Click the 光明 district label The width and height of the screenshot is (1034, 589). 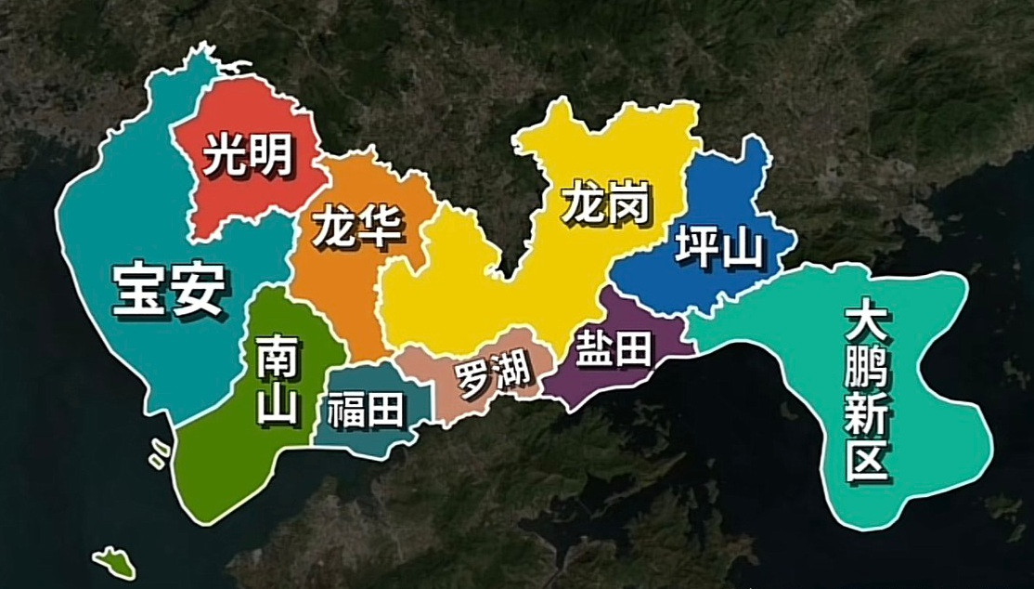[x=246, y=155]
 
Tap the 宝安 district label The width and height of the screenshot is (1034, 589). [x=169, y=289]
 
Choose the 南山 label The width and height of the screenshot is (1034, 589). [x=278, y=380]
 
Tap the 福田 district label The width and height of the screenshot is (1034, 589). [x=367, y=409]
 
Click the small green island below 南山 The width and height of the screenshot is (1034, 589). [x=114, y=560]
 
